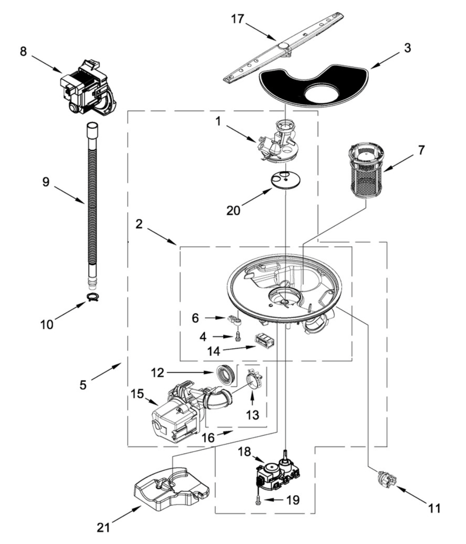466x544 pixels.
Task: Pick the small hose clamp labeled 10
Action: pos(92,297)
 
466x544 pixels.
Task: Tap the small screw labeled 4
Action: pos(238,336)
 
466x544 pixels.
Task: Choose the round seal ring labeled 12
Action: pos(225,373)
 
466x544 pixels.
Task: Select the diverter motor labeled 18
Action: pos(275,475)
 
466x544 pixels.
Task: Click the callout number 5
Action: pos(83,384)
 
